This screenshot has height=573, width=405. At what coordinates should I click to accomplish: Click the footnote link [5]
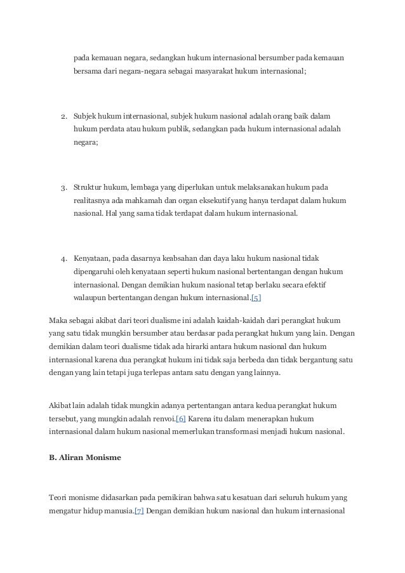(256, 298)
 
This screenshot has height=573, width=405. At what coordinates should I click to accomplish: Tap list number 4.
(64, 259)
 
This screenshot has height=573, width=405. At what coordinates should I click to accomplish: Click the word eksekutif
(220, 201)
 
